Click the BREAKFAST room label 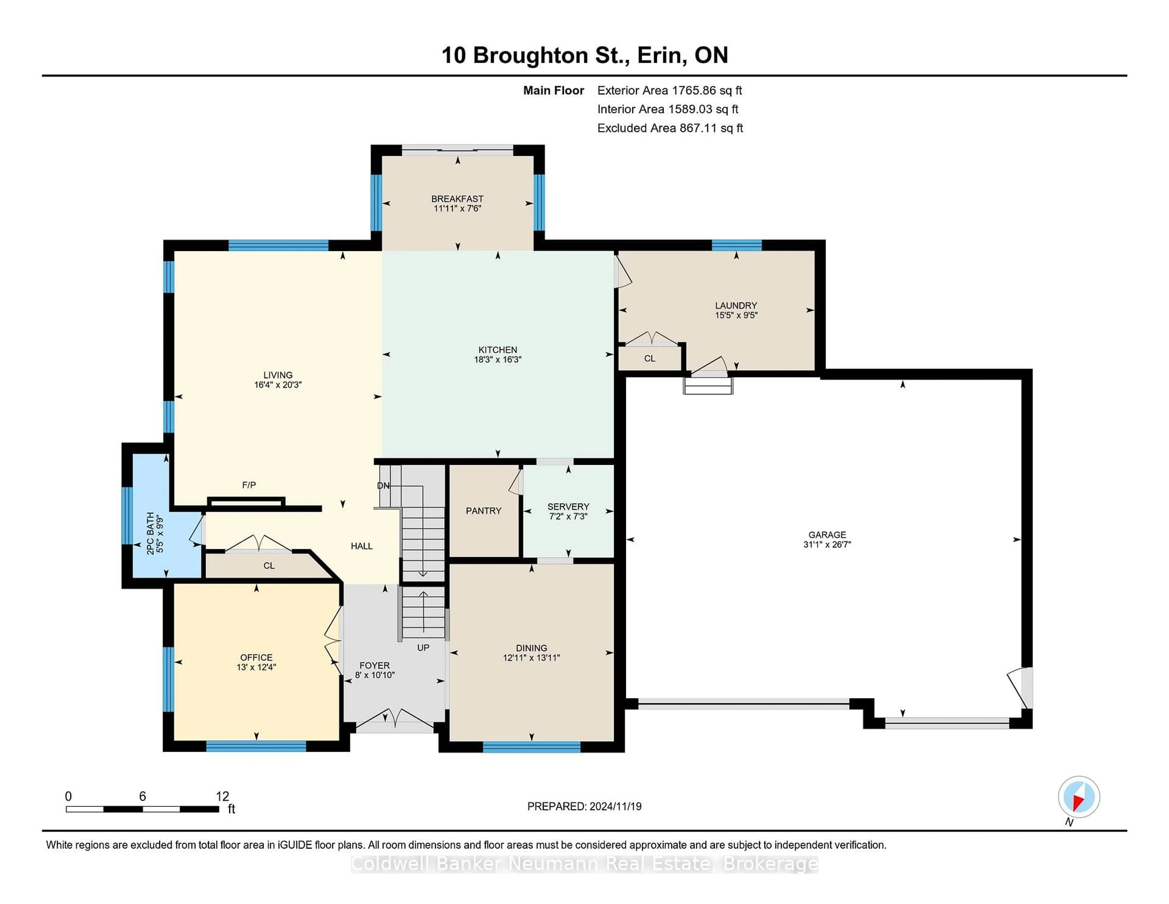tap(457, 199)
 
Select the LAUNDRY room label tap(736, 305)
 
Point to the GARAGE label tap(827, 535)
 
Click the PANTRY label tap(483, 511)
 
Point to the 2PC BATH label tap(150, 533)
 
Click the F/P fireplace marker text tap(249, 485)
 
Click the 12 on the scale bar tap(222, 796)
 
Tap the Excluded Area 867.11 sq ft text tap(670, 128)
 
